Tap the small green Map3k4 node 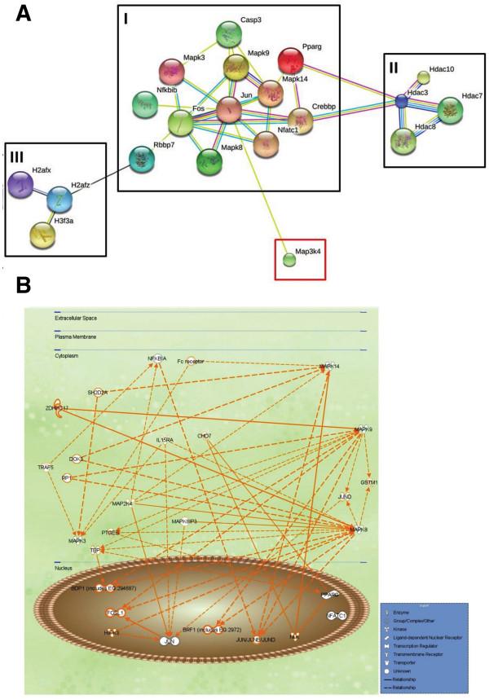click(x=289, y=260)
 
